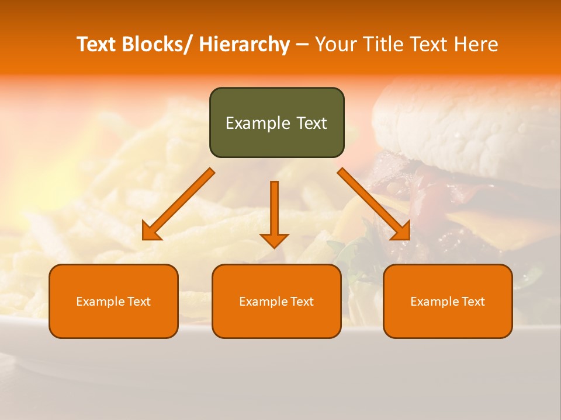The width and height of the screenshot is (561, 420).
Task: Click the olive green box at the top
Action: click(x=276, y=123)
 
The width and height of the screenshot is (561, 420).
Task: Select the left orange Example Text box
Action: click(x=113, y=301)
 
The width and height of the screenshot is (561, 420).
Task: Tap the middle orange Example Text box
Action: click(x=276, y=301)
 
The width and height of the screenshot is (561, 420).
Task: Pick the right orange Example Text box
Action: click(x=448, y=301)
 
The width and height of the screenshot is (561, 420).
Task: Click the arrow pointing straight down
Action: click(x=274, y=213)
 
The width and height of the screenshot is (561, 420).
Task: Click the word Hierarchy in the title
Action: click(x=244, y=44)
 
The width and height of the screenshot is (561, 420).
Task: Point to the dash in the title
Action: click(x=302, y=44)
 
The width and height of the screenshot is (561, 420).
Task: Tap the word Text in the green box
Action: click(x=310, y=123)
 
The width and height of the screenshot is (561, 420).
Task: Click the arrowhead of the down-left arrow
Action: click(x=151, y=232)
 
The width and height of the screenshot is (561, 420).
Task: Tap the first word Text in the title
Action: click(x=97, y=44)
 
